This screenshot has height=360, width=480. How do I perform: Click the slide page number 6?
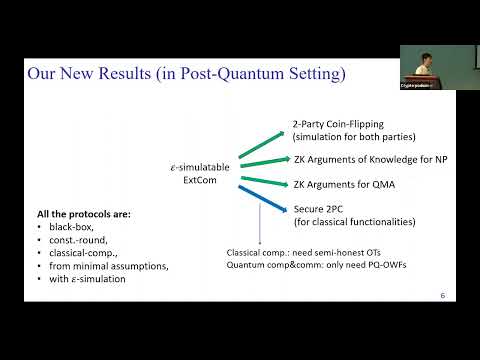443,296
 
